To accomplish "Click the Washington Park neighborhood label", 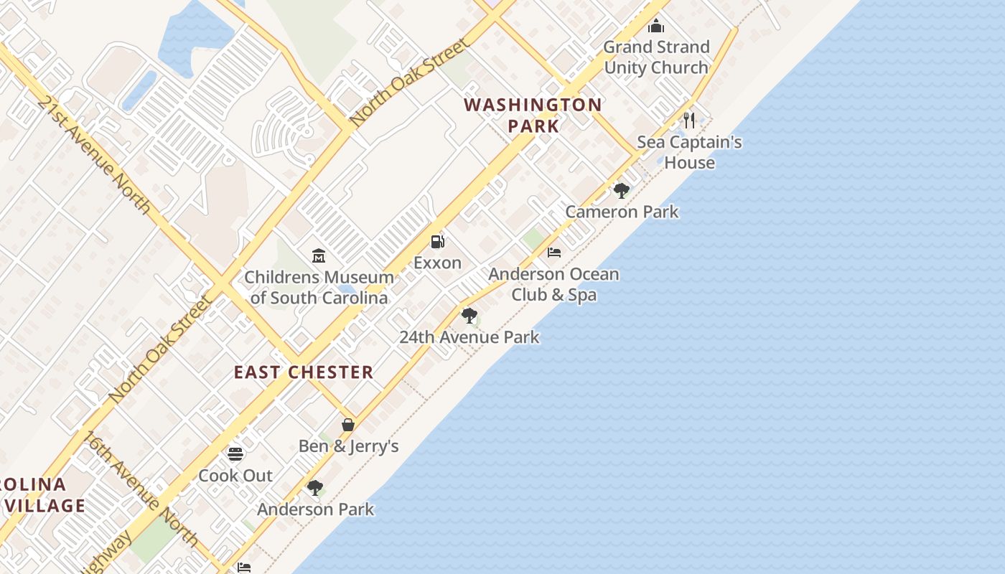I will click(533, 115).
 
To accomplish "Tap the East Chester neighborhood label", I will click(304, 372).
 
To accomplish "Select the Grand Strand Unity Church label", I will click(656, 57).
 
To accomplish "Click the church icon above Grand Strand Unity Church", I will click(656, 27).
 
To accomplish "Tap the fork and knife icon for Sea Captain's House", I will click(689, 120).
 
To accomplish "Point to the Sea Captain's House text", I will click(689, 152).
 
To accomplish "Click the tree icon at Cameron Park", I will click(622, 191).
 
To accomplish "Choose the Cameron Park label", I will click(622, 212).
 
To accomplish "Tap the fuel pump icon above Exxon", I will click(437, 242).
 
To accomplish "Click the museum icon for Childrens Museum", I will click(319, 255).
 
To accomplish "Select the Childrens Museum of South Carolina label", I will click(319, 287).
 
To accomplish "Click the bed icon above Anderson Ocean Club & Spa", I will click(553, 253).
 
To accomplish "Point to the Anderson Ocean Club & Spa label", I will click(553, 284).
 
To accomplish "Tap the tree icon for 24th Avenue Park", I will click(469, 316).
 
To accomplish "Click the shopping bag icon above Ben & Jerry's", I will click(348, 425).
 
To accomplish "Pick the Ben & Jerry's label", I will click(348, 446).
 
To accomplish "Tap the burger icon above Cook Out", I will click(235, 454).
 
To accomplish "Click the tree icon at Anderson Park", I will click(315, 488).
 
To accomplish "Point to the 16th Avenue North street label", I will click(141, 488).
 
